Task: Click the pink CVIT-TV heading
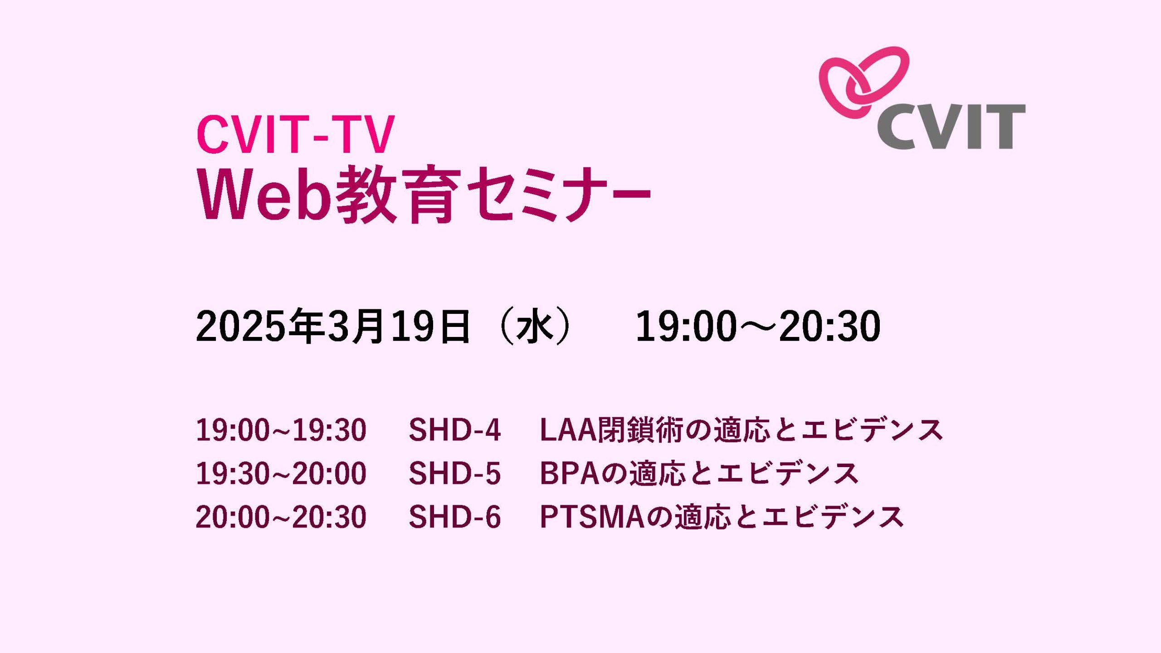[295, 135]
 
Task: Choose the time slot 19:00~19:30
[281, 430]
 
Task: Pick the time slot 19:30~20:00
[281, 473]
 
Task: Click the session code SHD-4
[454, 430]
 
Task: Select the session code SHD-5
[454, 473]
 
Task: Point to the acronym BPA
[570, 473]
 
